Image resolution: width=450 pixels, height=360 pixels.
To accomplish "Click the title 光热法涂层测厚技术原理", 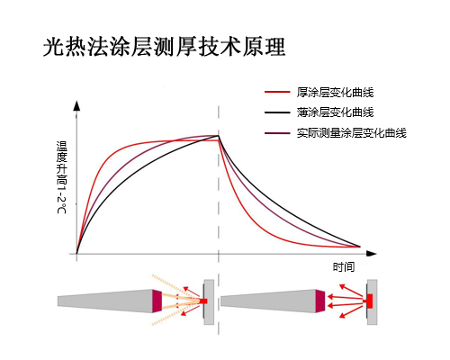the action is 164,47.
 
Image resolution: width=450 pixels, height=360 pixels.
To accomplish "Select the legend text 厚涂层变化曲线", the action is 335,92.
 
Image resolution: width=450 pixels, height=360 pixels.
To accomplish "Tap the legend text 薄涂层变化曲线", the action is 335,112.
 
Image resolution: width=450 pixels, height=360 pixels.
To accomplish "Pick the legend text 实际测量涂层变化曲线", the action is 352,132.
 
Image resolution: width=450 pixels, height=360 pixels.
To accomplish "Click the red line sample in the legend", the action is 277,92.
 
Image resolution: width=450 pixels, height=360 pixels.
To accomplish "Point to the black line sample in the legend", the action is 277,112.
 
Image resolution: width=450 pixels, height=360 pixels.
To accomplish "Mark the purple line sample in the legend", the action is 277,133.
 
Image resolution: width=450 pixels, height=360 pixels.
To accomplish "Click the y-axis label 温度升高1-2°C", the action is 62,177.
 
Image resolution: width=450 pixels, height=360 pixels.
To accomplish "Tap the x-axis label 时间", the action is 344,266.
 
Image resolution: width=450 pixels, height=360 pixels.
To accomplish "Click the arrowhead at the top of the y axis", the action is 77,105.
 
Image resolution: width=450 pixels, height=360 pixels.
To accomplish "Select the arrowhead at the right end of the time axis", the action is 372,254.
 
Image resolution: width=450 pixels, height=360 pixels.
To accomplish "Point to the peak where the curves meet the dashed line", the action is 219,136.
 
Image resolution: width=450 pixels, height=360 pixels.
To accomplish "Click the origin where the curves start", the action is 76,254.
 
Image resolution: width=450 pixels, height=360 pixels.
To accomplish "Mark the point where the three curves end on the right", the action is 360,247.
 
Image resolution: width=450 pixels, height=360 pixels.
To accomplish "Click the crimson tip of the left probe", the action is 157,301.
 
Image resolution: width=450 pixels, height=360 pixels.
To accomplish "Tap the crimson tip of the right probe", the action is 320,301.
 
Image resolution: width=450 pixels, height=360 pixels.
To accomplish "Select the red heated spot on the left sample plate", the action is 203,301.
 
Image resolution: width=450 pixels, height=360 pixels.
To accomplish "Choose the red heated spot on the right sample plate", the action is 369,301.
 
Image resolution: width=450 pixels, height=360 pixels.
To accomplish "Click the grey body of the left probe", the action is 105,301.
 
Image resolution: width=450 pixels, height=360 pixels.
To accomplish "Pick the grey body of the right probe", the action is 268,301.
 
